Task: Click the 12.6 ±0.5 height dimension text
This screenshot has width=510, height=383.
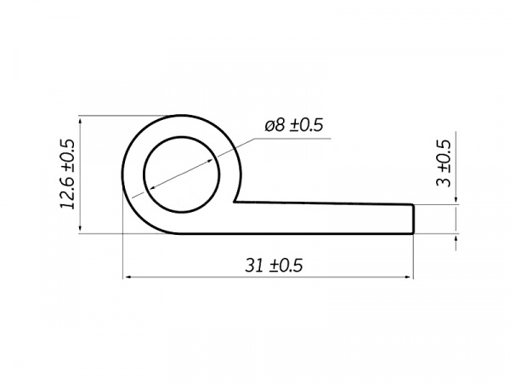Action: [x=68, y=174]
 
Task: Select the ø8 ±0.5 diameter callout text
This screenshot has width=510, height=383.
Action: [x=294, y=125]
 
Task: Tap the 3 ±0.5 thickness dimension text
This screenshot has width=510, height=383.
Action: [x=444, y=163]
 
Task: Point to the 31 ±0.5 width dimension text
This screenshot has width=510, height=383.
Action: [x=274, y=266]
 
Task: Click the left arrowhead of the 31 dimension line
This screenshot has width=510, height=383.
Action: [x=127, y=277]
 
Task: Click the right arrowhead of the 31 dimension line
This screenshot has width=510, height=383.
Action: [x=409, y=277]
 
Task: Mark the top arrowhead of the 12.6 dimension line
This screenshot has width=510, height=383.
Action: [x=80, y=120]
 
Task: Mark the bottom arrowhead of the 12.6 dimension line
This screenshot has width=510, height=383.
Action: [x=80, y=229]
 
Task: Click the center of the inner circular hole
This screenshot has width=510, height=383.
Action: [x=182, y=174]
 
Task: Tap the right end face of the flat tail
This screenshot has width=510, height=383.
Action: [x=413, y=219]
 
